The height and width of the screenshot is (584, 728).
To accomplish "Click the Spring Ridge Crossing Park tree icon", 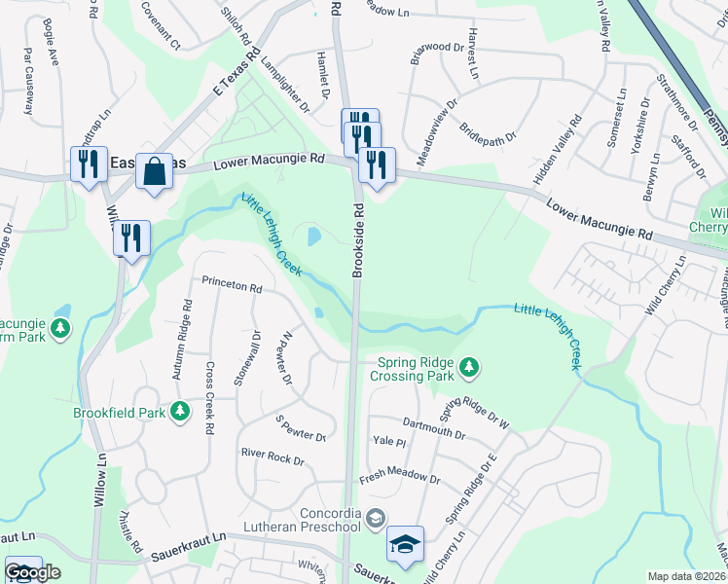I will [x=470, y=366].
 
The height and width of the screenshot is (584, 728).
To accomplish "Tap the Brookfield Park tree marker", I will [x=179, y=412].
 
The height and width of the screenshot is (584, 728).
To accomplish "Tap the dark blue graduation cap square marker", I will [x=405, y=545].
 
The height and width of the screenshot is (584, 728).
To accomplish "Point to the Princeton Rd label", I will [x=232, y=287].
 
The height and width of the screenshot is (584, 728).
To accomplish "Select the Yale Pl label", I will [x=388, y=442].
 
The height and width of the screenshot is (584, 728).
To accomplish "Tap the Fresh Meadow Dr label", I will [x=399, y=476].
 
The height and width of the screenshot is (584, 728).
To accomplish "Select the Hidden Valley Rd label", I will [x=557, y=151].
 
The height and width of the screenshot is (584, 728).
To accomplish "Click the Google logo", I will [x=32, y=572].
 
